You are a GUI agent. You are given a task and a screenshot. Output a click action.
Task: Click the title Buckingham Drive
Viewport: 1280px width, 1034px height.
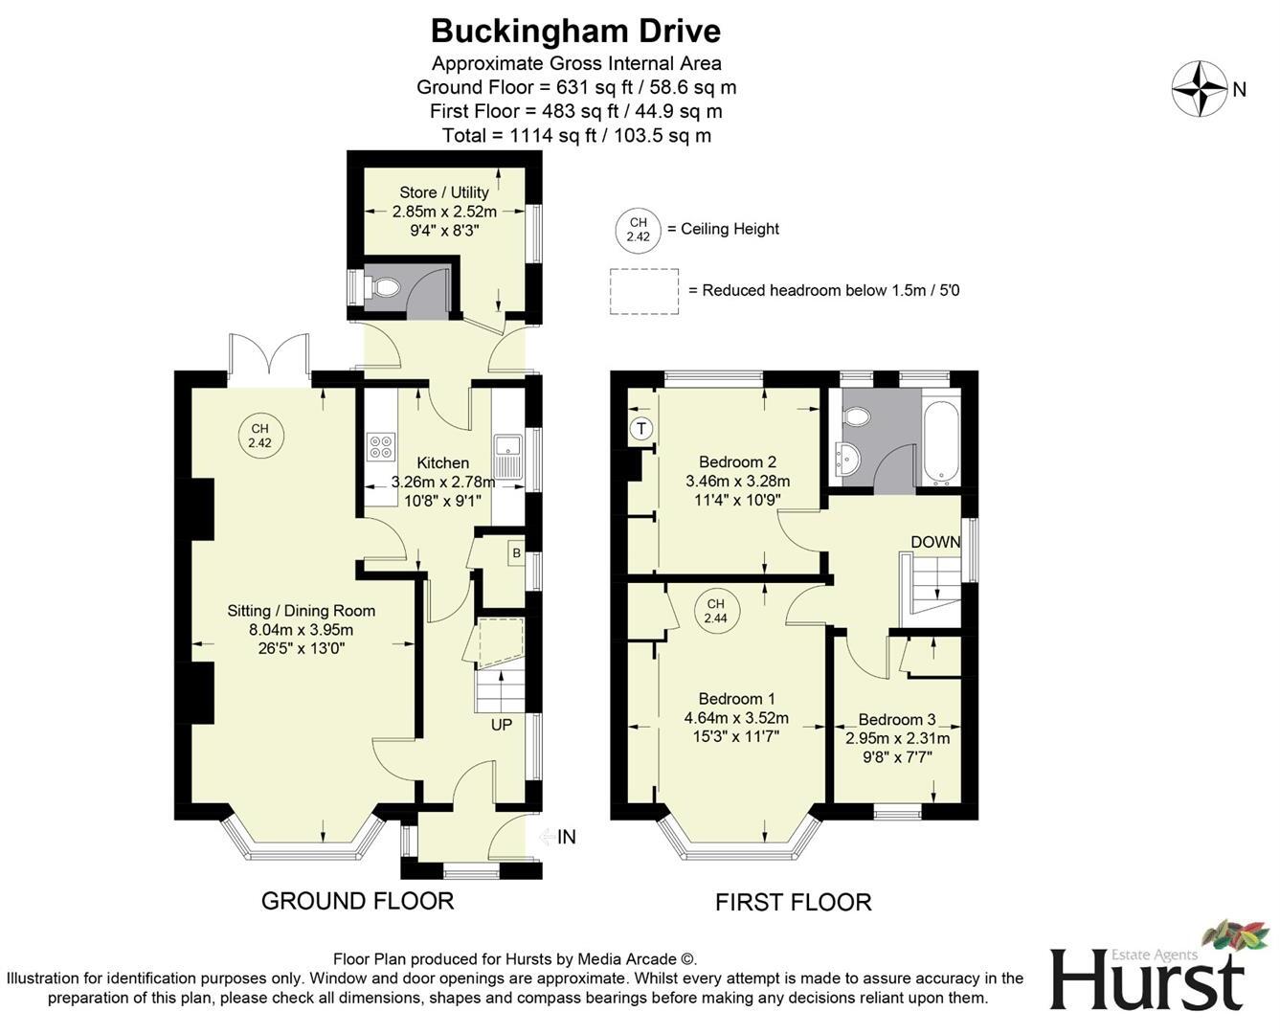tap(575, 31)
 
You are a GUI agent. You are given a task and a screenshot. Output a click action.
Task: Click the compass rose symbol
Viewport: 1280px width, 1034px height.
tap(1200, 89)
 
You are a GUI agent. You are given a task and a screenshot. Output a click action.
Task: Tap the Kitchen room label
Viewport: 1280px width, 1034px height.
tap(442, 463)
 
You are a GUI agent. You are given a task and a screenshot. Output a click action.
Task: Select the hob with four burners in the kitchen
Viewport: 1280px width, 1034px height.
tap(381, 447)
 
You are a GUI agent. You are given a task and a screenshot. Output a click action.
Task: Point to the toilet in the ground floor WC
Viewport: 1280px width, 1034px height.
tap(386, 285)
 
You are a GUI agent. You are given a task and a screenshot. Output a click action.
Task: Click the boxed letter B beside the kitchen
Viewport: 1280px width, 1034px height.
tap(516, 552)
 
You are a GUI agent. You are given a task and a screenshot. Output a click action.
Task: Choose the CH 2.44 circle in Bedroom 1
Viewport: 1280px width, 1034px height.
tap(715, 611)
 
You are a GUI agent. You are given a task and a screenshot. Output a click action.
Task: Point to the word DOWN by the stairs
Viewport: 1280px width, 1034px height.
tap(935, 542)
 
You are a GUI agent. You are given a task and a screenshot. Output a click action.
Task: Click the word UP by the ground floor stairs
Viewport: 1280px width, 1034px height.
tap(502, 725)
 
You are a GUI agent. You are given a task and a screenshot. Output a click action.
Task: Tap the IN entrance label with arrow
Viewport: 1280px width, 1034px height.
tap(558, 837)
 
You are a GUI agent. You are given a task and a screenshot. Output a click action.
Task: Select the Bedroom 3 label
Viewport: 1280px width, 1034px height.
tap(897, 720)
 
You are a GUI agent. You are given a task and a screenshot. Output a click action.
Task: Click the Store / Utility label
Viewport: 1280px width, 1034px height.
tap(444, 192)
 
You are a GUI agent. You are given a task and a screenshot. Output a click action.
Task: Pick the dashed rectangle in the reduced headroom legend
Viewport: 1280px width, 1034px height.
tap(644, 291)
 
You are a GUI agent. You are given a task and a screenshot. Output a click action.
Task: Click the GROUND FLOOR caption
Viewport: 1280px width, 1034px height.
tap(357, 901)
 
